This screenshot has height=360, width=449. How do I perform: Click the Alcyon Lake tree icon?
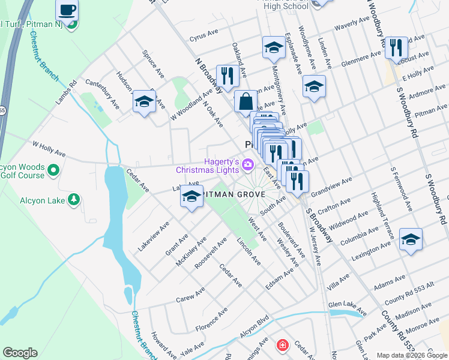click(x=74, y=199)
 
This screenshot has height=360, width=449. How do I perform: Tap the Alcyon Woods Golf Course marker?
click(x=53, y=170)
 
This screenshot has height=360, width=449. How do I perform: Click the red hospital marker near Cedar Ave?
click(x=282, y=346)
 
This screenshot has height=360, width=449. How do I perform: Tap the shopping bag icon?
click(x=246, y=101)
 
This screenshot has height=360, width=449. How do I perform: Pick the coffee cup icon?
click(x=67, y=10)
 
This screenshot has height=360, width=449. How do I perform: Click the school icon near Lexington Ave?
click(x=411, y=239)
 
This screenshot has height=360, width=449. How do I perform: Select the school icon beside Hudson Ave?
click(x=144, y=102)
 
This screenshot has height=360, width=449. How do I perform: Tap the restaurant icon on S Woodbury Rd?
click(x=395, y=48)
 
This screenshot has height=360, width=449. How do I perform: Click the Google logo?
click(x=20, y=353)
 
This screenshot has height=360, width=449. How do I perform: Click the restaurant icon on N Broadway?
click(x=227, y=76)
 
